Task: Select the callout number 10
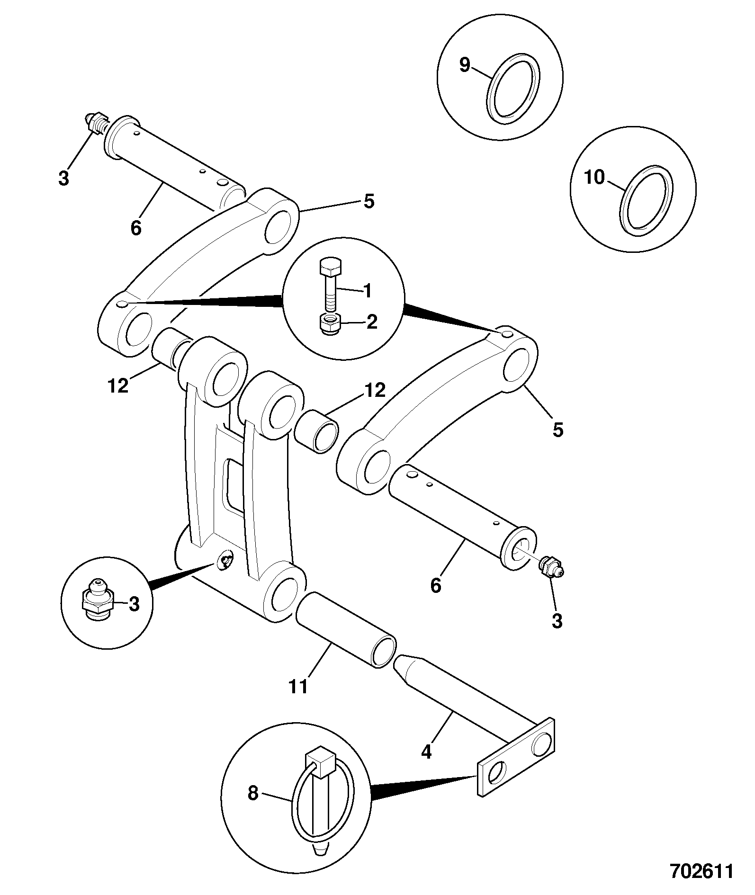click(594, 178)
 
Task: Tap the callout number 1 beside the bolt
click(367, 290)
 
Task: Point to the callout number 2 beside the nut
click(371, 322)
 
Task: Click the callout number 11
click(298, 686)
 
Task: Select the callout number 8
click(253, 793)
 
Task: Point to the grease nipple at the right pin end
click(550, 566)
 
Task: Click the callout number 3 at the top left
click(63, 179)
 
